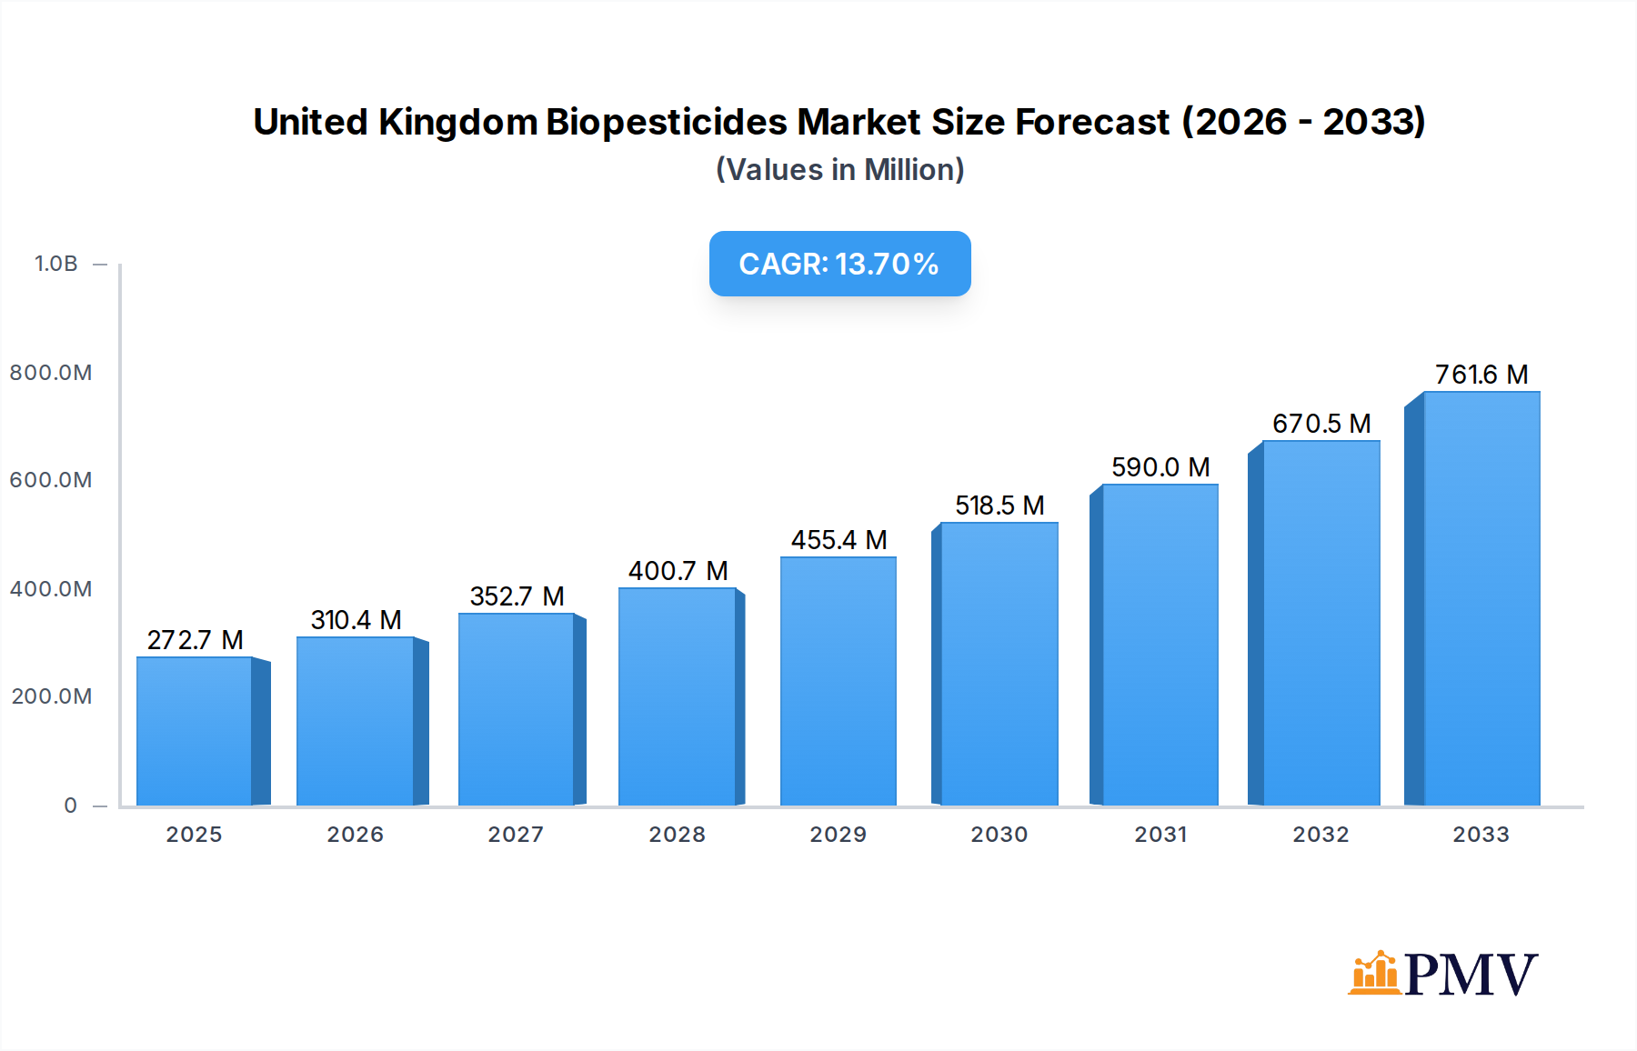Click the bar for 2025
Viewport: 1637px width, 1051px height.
pyautogui.click(x=195, y=731)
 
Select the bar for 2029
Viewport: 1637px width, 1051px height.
pyautogui.click(x=838, y=681)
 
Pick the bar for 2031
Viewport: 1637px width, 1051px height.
pyautogui.click(x=1160, y=645)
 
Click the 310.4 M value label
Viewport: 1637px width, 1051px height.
pyautogui.click(x=356, y=620)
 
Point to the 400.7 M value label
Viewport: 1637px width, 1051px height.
pyautogui.click(x=678, y=571)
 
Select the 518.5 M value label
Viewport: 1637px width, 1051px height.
pyautogui.click(x=999, y=505)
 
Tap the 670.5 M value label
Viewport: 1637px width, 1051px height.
pyautogui.click(x=1321, y=424)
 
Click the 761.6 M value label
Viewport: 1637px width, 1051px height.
pyautogui.click(x=1481, y=375)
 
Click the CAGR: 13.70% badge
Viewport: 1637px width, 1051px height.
pyautogui.click(x=839, y=264)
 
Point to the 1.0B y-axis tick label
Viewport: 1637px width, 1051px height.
pyautogui.click(x=55, y=264)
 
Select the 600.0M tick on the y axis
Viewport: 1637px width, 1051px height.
pyautogui.click(x=51, y=480)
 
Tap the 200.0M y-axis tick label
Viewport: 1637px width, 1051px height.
pyautogui.click(x=51, y=696)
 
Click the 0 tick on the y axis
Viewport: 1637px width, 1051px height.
pyautogui.click(x=70, y=806)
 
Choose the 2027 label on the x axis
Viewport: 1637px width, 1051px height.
pyautogui.click(x=516, y=835)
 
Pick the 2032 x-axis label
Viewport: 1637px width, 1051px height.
pyautogui.click(x=1321, y=835)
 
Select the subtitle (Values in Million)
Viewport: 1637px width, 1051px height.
pyautogui.click(x=839, y=170)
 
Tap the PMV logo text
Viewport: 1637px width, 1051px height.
pyautogui.click(x=1471, y=975)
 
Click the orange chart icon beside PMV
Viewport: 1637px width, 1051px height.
pyautogui.click(x=1374, y=973)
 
